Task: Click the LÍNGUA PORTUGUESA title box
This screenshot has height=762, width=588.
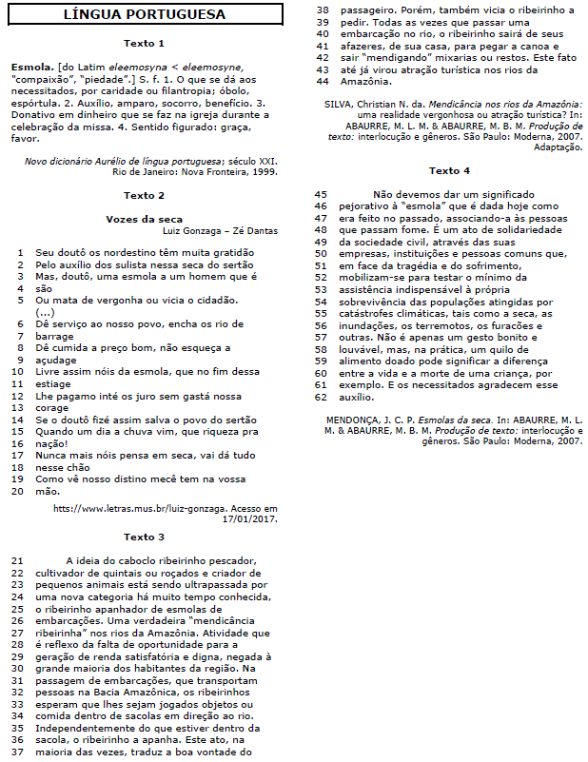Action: coord(145,14)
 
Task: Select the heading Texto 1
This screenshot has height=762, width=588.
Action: coord(145,44)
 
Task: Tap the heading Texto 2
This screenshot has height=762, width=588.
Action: coord(145,195)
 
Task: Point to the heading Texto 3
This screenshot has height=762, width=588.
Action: coord(145,537)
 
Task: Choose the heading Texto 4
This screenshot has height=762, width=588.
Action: coord(449,170)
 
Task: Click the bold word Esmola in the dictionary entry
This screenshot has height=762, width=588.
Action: coord(30,68)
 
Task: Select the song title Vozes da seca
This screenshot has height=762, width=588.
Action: coord(145,219)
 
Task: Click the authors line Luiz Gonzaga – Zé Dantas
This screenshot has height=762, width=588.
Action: coord(221,231)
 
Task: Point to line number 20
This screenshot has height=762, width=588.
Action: coord(16,491)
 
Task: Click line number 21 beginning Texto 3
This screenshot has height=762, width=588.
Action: coord(16,561)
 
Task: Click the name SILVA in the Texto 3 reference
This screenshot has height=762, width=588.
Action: coord(339,103)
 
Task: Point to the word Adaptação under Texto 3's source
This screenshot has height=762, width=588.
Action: coord(558,147)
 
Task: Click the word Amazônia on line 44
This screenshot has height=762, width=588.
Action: coord(366,81)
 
